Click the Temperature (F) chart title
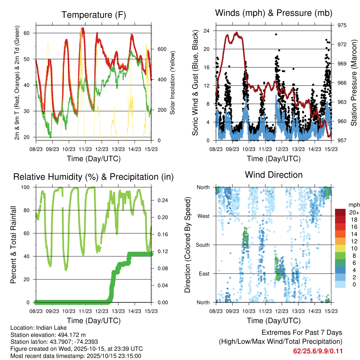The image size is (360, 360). point(94,15)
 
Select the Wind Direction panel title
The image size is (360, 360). point(274,175)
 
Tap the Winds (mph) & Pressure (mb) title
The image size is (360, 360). point(274,13)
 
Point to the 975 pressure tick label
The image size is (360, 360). point(342,25)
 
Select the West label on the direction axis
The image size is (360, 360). point(203,216)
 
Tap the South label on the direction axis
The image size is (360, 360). point(202,245)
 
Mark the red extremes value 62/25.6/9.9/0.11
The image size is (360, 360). point(317,351)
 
